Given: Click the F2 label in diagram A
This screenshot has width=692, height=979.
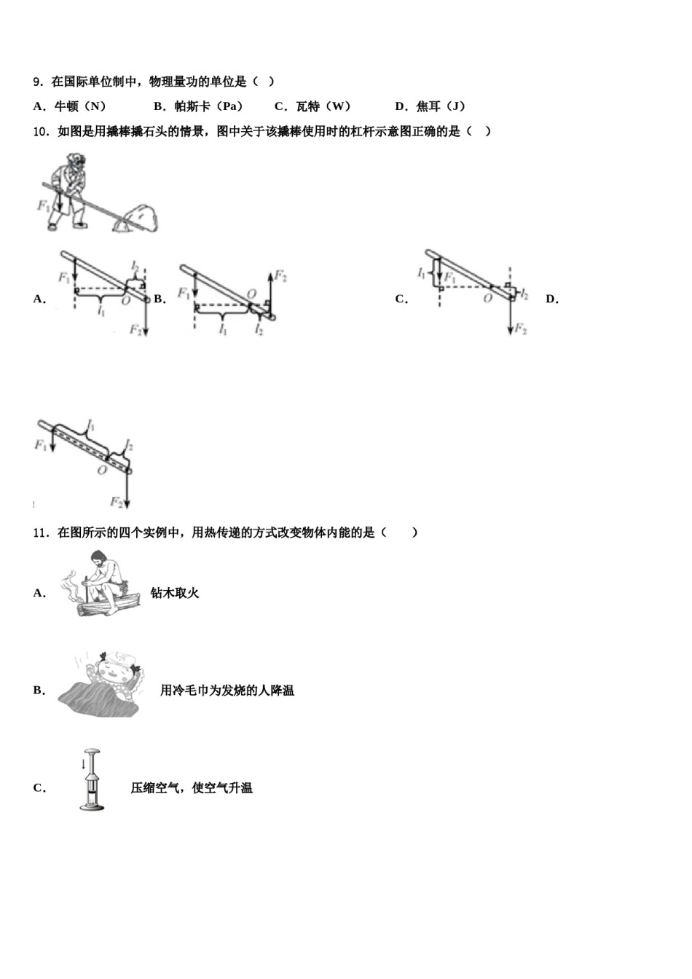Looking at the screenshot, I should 135,330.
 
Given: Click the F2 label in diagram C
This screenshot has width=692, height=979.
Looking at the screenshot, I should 520,329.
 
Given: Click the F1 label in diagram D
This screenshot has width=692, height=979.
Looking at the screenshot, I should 41,444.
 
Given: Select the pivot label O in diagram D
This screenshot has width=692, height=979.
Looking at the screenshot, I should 101,470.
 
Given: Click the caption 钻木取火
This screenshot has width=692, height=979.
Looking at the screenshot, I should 175,593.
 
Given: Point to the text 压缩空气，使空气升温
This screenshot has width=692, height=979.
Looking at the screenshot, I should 192,787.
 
